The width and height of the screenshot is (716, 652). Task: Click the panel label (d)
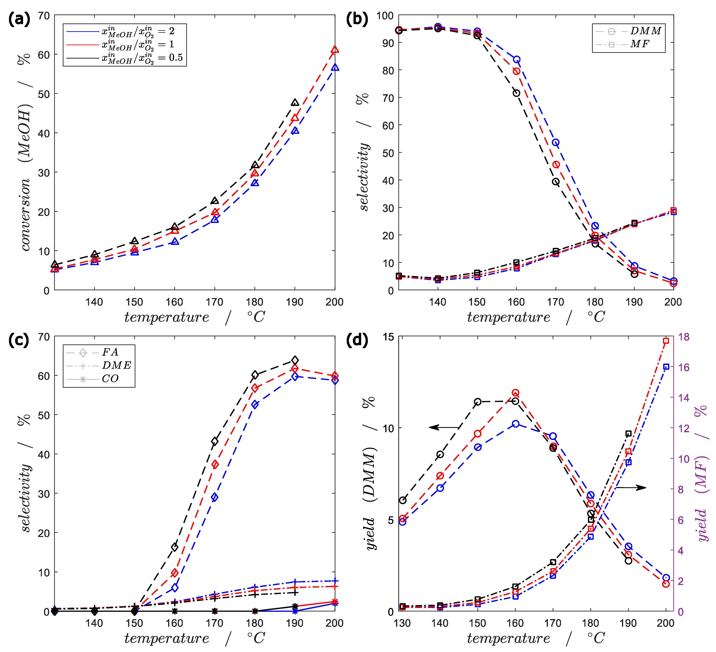(x=357, y=340)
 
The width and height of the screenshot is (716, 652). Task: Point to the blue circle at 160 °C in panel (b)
(x=516, y=59)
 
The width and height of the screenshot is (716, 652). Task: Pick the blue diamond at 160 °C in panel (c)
(x=174, y=588)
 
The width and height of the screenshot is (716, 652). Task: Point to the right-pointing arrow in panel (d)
(x=630, y=487)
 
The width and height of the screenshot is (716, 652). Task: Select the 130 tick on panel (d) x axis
(x=402, y=623)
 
